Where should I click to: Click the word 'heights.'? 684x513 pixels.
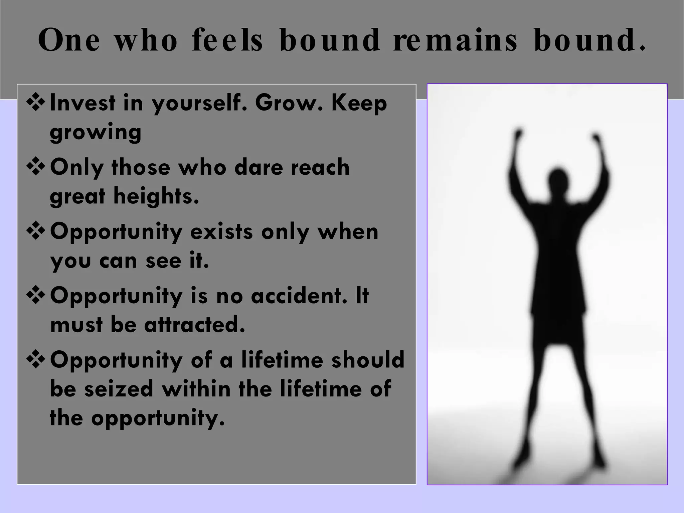[x=156, y=196]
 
